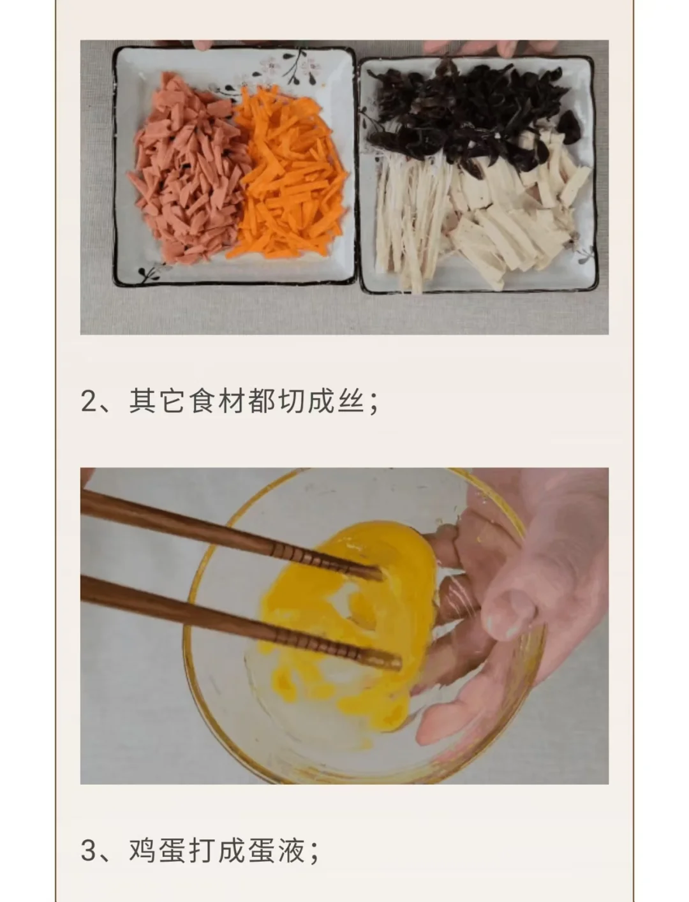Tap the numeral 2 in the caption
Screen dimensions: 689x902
88,401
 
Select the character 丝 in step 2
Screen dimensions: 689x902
351,400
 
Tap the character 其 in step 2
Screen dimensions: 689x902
142,400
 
